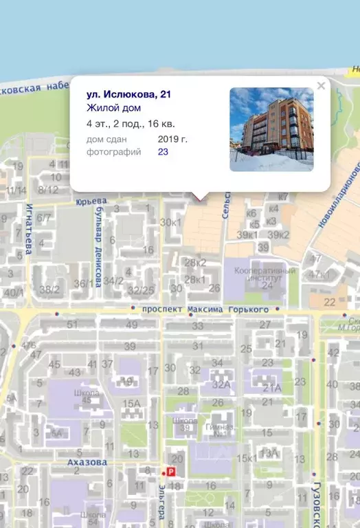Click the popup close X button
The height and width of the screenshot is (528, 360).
tap(321, 86)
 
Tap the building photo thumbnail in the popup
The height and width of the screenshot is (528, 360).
tap(271, 129)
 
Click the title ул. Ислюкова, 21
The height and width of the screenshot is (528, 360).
tap(128, 94)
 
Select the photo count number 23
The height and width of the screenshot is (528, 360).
tap(163, 152)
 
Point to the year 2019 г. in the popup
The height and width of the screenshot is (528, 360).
tap(172, 139)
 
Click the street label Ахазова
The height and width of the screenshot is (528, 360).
tap(87, 463)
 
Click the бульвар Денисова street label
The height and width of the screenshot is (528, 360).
tap(98, 247)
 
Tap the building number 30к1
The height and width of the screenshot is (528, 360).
tap(170, 222)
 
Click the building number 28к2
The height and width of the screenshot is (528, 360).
tap(196, 263)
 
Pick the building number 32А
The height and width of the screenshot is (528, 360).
tap(221, 385)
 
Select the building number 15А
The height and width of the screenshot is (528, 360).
tap(131, 404)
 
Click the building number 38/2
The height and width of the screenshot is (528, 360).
tap(49, 290)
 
